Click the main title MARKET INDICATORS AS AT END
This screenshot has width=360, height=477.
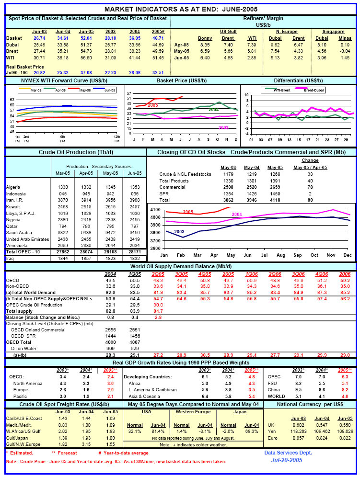pos(180,9)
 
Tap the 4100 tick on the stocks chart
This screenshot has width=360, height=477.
pos(155,210)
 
